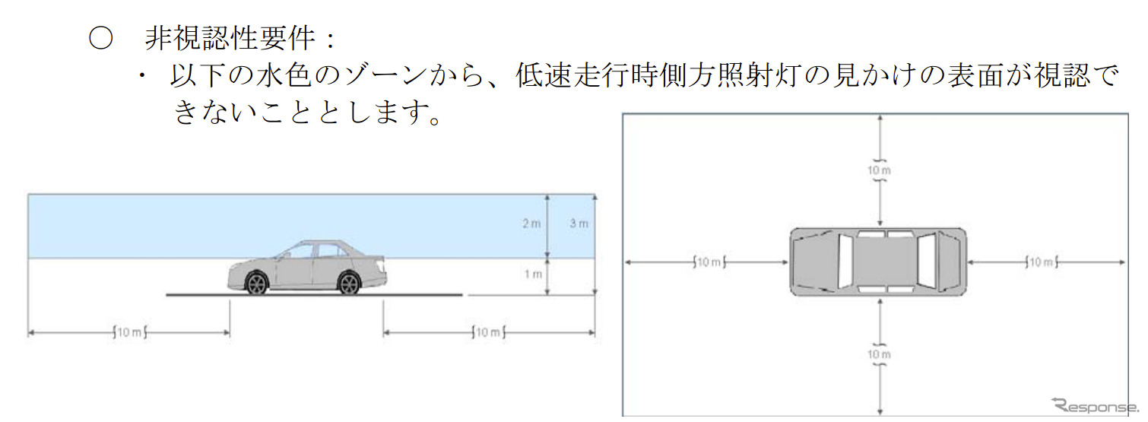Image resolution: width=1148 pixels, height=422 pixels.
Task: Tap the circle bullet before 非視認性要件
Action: tap(101, 39)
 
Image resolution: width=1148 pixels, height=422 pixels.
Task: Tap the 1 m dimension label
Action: tap(533, 274)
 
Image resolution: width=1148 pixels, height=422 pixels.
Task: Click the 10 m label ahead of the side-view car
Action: tap(128, 332)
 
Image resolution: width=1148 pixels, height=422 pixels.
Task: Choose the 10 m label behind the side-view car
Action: tap(487, 332)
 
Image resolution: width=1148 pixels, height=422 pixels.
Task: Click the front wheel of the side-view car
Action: tap(257, 284)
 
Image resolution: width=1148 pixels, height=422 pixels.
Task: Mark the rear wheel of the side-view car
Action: tap(348, 284)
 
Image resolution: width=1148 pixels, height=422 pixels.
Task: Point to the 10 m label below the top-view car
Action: tap(879, 354)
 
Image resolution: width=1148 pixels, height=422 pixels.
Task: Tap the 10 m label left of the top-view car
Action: tap(709, 262)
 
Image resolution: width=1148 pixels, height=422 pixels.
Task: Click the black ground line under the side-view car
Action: tap(313, 295)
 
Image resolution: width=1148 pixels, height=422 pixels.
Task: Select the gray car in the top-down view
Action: tap(878, 262)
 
